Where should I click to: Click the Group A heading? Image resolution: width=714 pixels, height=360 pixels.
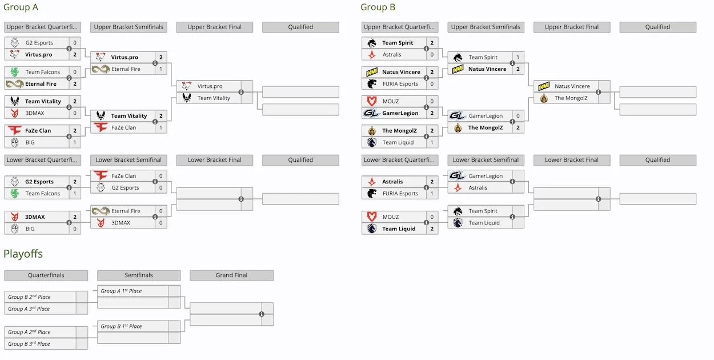pyautogui.click(x=21, y=7)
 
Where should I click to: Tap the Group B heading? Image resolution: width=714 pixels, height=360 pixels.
pyautogui.click(x=378, y=7)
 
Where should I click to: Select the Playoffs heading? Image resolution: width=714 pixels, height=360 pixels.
pyautogui.click(x=23, y=254)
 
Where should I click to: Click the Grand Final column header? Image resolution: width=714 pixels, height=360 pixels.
pyautogui.click(x=231, y=275)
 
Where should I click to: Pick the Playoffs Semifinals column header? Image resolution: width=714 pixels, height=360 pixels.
pyautogui.click(x=139, y=275)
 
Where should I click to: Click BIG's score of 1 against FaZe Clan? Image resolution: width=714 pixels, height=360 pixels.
pyautogui.click(x=75, y=142)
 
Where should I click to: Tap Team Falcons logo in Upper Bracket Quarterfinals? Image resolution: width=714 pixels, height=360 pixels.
pyautogui.click(x=14, y=72)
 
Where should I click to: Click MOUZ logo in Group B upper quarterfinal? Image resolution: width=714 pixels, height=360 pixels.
pyautogui.click(x=372, y=101)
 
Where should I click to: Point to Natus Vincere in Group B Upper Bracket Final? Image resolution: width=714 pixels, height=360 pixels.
pyautogui.click(x=572, y=86)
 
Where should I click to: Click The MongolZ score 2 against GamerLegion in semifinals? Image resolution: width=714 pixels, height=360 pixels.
pyautogui.click(x=518, y=127)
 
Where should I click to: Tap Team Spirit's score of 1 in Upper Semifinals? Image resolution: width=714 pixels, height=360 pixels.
pyautogui.click(x=518, y=57)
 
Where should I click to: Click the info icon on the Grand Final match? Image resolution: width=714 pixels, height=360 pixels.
pyautogui.click(x=262, y=314)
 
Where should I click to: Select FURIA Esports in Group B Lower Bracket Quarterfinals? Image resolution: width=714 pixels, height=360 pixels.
pyautogui.click(x=400, y=194)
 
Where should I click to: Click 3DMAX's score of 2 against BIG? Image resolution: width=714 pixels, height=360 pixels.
pyautogui.click(x=75, y=217)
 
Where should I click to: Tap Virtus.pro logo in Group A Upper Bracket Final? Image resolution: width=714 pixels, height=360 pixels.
pyautogui.click(x=187, y=86)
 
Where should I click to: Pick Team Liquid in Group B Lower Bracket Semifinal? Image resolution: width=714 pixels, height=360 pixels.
pyautogui.click(x=484, y=223)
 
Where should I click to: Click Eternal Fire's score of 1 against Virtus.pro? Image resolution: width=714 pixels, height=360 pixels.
pyautogui.click(x=161, y=69)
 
